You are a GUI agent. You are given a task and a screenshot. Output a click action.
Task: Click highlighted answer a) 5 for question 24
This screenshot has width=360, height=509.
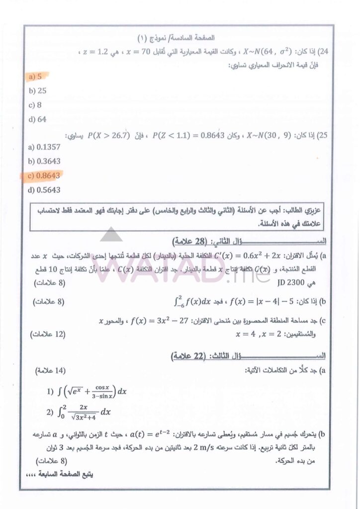click(x=35, y=77)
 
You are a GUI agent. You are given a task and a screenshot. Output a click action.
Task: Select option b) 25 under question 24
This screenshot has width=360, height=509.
click(x=37, y=90)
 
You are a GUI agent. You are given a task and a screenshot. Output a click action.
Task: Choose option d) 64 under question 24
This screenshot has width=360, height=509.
click(x=37, y=119)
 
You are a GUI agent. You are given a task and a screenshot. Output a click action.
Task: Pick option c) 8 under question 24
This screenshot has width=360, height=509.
click(x=35, y=105)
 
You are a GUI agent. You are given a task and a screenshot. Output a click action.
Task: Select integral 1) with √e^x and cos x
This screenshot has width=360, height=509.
click(x=87, y=391)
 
